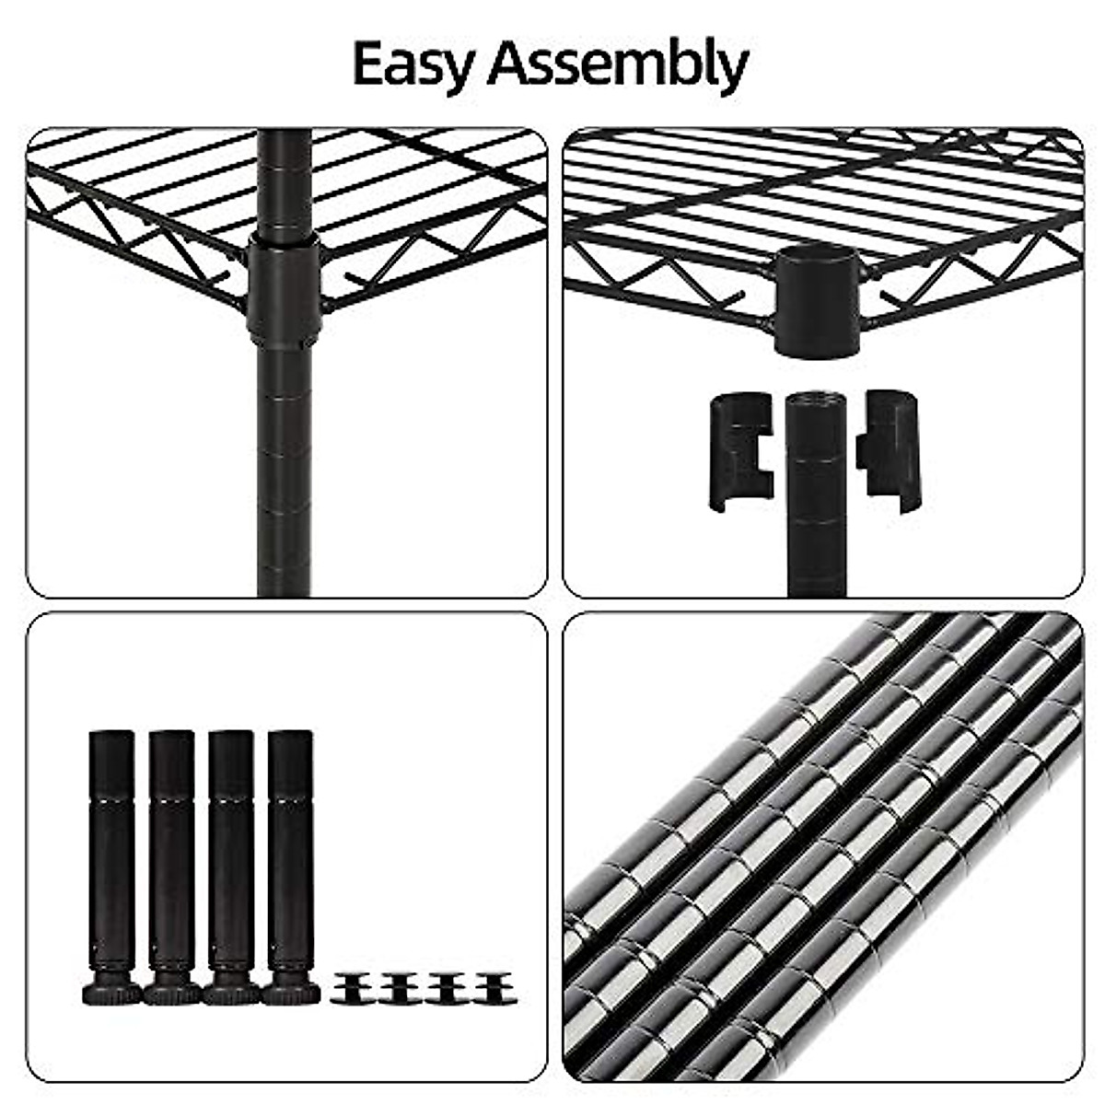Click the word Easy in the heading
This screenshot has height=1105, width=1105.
coord(414,64)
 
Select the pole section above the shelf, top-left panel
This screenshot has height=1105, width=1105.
coord(284,180)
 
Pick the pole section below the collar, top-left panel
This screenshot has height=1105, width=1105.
coord(284,460)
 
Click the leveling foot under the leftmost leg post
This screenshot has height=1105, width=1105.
coord(112,992)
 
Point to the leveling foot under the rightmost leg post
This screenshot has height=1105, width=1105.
coord(291,992)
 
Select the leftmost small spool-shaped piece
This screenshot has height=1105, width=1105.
coord(354,988)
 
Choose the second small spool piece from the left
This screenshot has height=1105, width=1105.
coord(400,988)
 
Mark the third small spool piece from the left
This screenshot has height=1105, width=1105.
coord(447,988)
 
